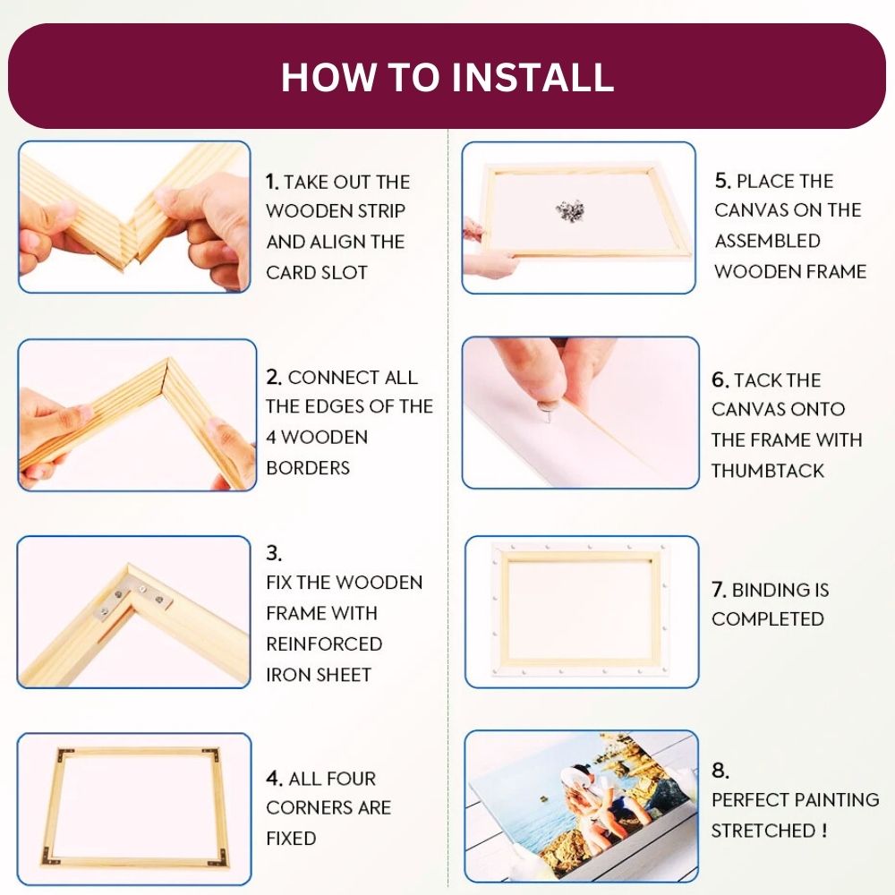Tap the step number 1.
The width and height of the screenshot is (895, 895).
click(272, 183)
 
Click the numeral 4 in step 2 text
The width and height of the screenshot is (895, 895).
click(272, 438)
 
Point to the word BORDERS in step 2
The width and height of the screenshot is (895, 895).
click(308, 467)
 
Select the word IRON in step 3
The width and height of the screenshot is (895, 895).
click(286, 675)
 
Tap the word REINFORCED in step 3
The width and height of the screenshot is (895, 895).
click(324, 644)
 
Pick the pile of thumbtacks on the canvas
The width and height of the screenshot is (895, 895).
click(569, 210)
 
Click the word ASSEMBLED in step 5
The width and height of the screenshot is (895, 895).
click(767, 241)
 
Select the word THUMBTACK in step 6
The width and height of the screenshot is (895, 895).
click(768, 471)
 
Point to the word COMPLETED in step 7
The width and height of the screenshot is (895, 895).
click(768, 619)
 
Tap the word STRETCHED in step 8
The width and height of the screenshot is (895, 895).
click(762, 831)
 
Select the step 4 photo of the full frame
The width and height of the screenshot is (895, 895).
click(134, 807)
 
